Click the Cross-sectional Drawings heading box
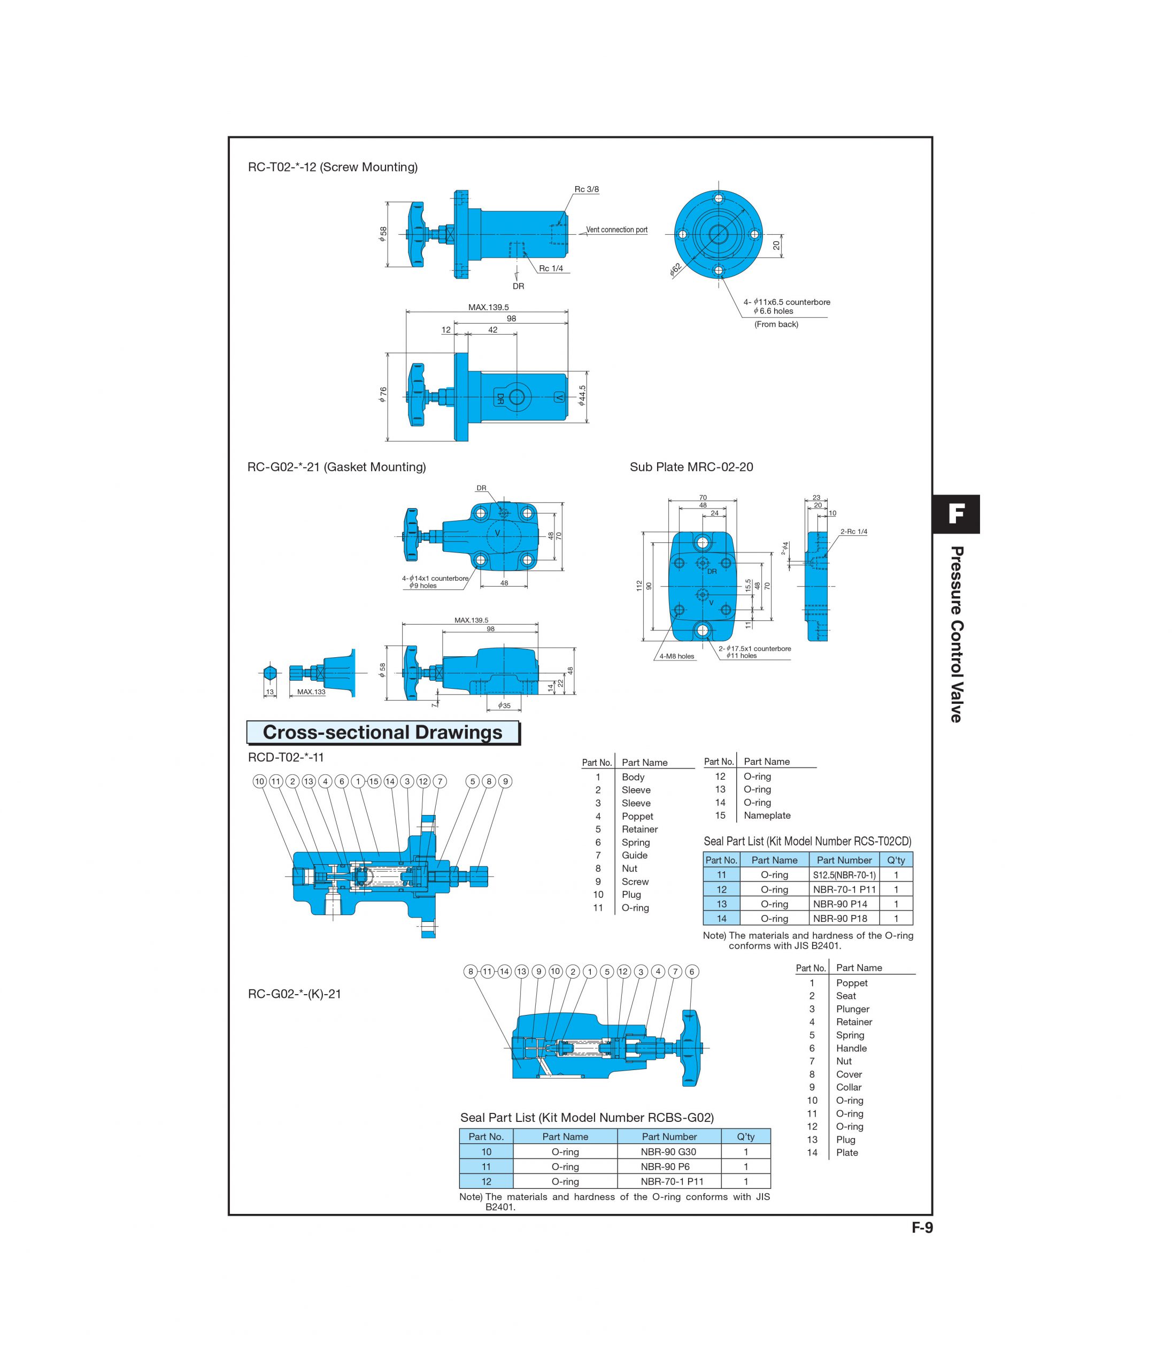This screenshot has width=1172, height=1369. tap(382, 733)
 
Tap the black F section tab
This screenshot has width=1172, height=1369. tap(955, 514)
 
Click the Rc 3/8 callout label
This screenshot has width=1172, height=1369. tap(587, 189)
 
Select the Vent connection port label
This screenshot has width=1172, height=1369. tap(616, 230)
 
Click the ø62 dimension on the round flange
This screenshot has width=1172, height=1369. tap(675, 269)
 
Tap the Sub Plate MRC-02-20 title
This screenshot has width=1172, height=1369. tap(691, 467)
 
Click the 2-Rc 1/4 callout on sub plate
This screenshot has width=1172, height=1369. tap(853, 531)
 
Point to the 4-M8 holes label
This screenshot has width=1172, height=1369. tap(676, 656)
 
